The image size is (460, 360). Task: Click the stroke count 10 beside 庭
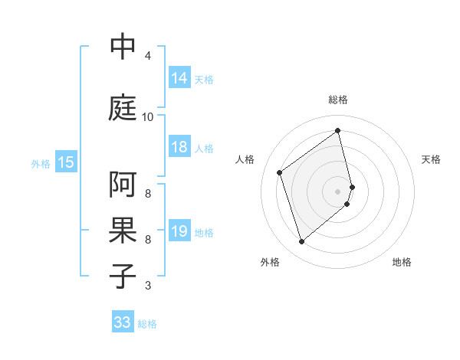148,117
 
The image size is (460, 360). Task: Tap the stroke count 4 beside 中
148,56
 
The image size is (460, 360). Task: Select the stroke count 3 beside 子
148,286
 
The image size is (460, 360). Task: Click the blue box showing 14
179,78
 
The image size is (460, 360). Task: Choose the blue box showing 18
179,147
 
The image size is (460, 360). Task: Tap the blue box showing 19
179,231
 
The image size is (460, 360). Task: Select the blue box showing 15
66,162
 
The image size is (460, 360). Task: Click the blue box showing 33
123,322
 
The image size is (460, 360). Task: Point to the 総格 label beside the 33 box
148,324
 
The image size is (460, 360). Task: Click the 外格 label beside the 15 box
41,163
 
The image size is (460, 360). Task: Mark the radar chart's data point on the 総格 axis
338,130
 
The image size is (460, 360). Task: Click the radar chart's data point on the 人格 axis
280,172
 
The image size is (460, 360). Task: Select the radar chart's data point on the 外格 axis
301,242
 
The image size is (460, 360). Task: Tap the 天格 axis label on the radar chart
432,159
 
